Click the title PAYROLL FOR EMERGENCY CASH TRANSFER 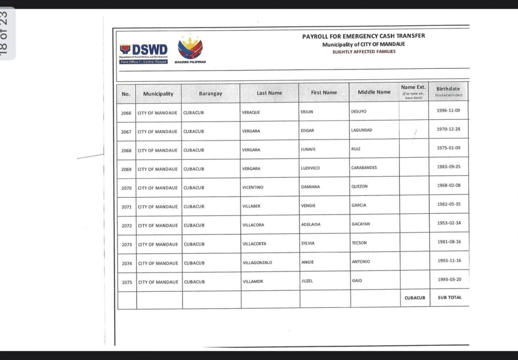coord(363,36)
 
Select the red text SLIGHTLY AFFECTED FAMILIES coord(364,52)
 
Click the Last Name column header coord(269,93)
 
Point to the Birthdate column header coord(448,91)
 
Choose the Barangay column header coord(210,94)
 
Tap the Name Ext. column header coord(413,91)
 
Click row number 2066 coord(126,113)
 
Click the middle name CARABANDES coord(364,167)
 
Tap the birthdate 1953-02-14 coord(448,223)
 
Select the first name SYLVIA coord(308,243)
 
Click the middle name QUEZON coord(359,186)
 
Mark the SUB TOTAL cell coord(449,297)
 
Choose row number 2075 coord(126,282)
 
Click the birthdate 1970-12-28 coord(448,129)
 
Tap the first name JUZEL coord(307,281)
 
